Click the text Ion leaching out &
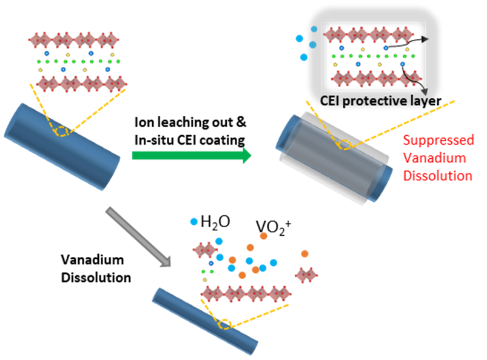[189, 122]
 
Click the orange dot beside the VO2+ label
[264, 236]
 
